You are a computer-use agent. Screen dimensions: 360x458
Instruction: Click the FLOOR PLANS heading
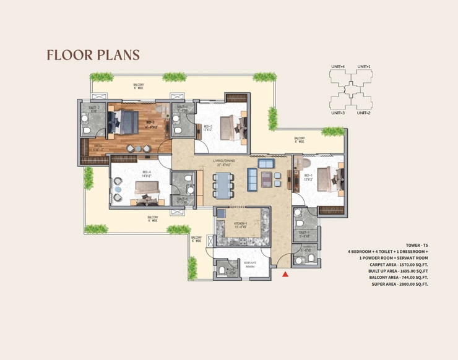pyautogui.click(x=93, y=55)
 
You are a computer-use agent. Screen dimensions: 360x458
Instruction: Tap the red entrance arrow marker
pyautogui.click(x=285, y=273)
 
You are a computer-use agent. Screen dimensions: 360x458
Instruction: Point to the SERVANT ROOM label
pyautogui.click(x=250, y=264)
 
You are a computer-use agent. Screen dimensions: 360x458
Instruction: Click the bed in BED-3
pyautogui.click(x=126, y=120)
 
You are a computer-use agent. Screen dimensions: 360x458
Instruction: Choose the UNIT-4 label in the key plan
pyautogui.click(x=337, y=66)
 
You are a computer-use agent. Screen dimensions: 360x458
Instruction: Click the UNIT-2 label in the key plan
pyautogui.click(x=363, y=113)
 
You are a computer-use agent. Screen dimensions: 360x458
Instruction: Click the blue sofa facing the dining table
pyautogui.click(x=253, y=180)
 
